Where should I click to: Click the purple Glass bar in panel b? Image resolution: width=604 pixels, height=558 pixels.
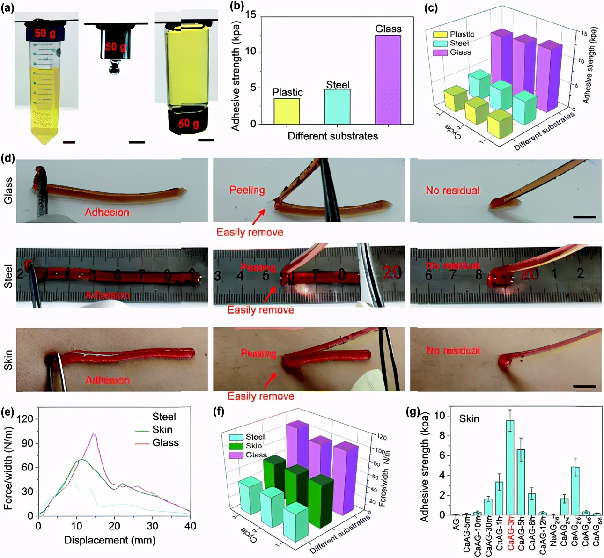[x=388, y=80]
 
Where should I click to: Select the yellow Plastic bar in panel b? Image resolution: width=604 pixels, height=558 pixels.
[x=286, y=111]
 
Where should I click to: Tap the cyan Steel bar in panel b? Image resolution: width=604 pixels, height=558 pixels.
[x=337, y=107]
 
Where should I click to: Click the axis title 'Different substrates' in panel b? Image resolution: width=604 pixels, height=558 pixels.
[x=332, y=136]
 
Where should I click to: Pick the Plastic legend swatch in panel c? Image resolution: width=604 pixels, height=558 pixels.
[x=440, y=34]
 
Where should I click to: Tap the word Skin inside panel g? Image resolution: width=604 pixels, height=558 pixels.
[x=469, y=418]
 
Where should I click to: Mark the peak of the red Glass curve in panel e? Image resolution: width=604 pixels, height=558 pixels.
[x=94, y=434]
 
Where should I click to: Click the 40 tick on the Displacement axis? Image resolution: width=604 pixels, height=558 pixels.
[x=190, y=526]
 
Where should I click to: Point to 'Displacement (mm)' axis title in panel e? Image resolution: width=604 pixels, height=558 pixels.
[x=110, y=540]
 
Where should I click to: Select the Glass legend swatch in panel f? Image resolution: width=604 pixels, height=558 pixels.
[x=236, y=455]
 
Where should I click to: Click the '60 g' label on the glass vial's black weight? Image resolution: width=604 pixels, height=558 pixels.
[x=188, y=124]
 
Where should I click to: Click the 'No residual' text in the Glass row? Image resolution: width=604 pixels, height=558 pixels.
[x=453, y=191]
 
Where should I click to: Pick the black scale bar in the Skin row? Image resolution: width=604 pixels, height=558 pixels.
[x=584, y=386]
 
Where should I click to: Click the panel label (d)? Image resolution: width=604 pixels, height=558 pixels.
[x=7, y=158]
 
